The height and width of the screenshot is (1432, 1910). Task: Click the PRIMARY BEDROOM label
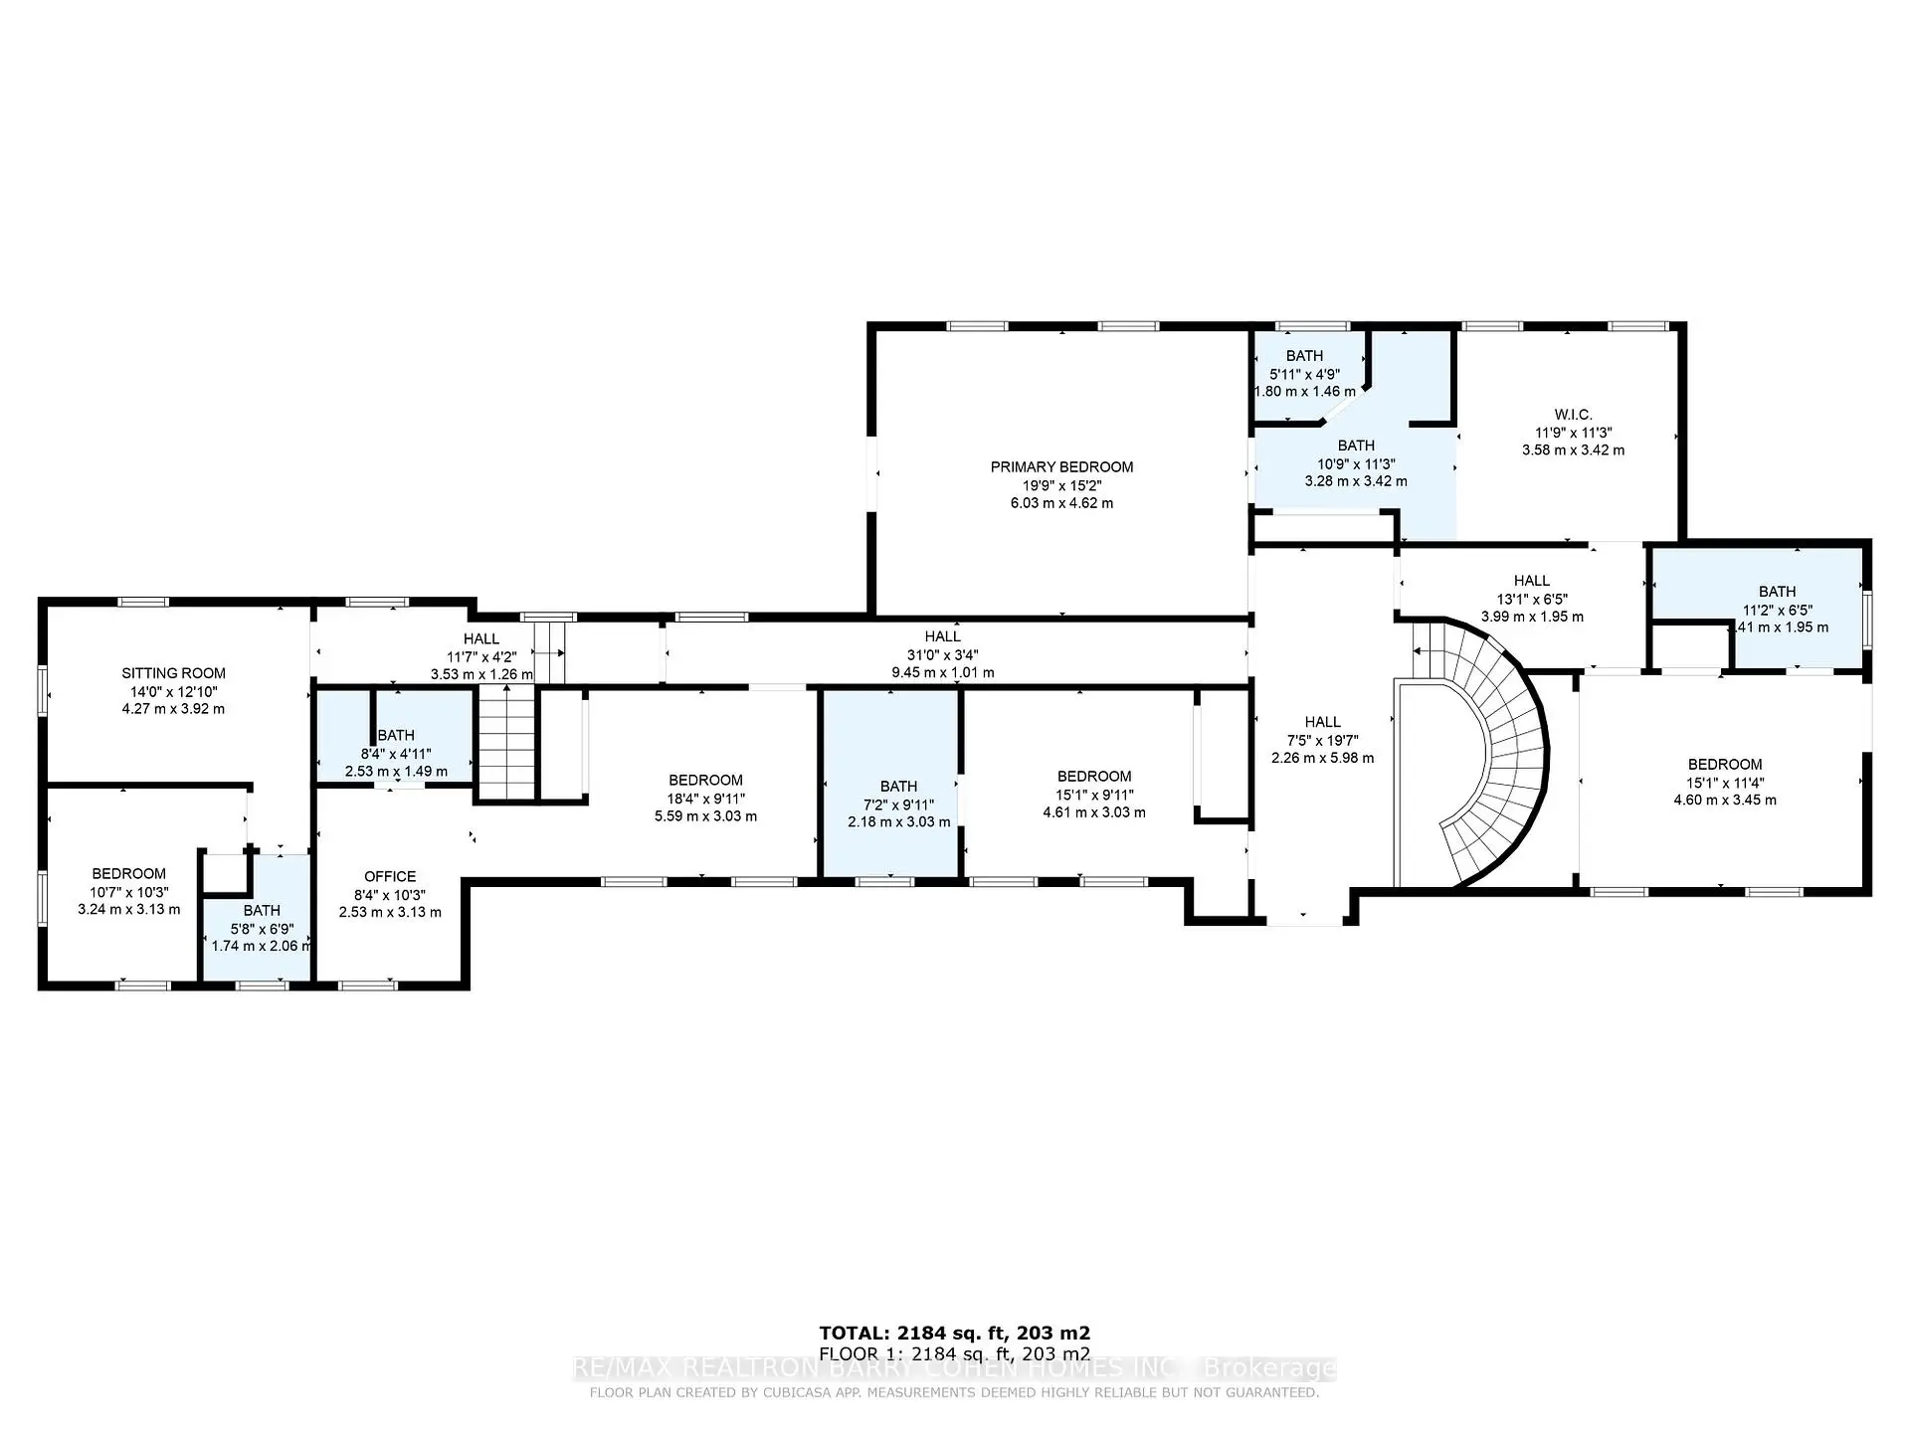click(1061, 467)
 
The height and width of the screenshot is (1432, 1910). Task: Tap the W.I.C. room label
click(1573, 415)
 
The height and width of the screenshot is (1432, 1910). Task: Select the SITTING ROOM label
click(173, 673)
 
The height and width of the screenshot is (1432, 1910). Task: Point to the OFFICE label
click(390, 876)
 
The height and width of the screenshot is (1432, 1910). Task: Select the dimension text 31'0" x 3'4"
click(942, 654)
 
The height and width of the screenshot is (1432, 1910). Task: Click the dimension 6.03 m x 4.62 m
click(1061, 503)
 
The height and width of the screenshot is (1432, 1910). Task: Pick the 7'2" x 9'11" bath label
click(898, 787)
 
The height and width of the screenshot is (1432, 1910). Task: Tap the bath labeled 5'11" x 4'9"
click(1304, 356)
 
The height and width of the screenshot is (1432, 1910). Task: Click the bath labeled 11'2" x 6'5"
click(1777, 592)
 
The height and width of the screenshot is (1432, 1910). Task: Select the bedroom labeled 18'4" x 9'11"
click(705, 781)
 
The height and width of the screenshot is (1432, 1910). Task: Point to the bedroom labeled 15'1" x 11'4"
click(1724, 765)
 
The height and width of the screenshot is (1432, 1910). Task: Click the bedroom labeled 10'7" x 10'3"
click(129, 874)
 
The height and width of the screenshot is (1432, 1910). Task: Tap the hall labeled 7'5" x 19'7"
click(1322, 722)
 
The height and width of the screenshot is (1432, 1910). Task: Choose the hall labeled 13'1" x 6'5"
click(1531, 581)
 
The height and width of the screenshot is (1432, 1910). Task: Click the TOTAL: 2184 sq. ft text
click(954, 1333)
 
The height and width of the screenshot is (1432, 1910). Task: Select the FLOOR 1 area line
click(954, 1354)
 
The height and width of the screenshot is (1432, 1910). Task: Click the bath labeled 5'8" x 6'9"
click(262, 911)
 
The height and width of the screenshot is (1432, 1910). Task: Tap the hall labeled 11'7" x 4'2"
click(480, 639)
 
